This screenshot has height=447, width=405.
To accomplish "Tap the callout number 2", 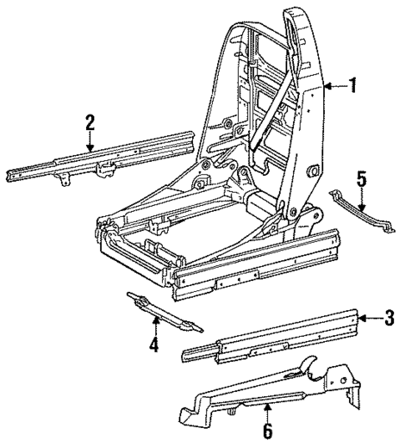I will [89, 123].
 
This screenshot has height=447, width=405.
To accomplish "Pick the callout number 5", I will [361, 180].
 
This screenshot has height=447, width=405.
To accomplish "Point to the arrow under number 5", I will [361, 203].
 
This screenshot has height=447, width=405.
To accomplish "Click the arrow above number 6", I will [268, 412].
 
